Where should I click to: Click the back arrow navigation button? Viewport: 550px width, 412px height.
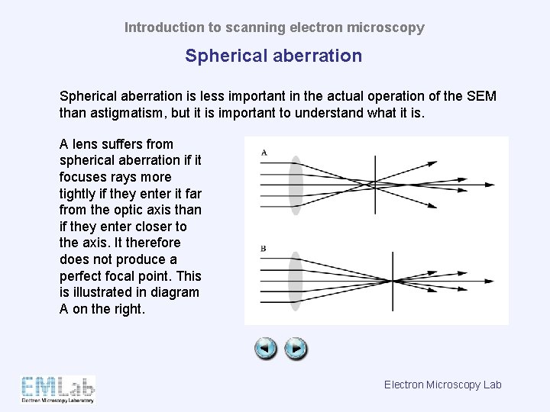pyautogui.click(x=266, y=349)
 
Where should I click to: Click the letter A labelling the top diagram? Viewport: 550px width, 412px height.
pyautogui.click(x=264, y=153)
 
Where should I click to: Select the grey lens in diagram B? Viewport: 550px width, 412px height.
pyautogui.click(x=296, y=281)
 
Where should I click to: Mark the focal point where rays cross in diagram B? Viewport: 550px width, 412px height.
pyautogui.click(x=393, y=281)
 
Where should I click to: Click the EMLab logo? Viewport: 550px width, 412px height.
pyautogui.click(x=58, y=388)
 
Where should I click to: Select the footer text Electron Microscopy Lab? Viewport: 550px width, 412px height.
pyautogui.click(x=442, y=385)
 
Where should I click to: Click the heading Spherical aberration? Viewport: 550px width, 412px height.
pyautogui.click(x=273, y=56)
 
